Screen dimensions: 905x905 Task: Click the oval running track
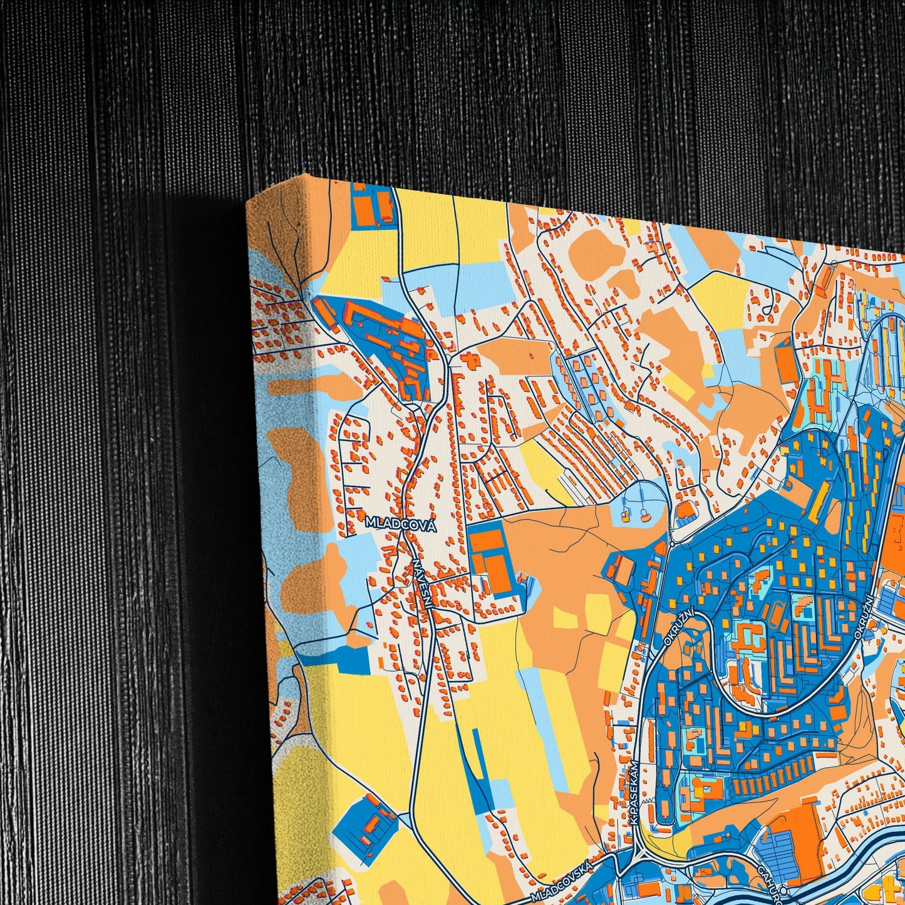click(x=778, y=616)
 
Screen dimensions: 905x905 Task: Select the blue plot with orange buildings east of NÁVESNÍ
click(x=494, y=558)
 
